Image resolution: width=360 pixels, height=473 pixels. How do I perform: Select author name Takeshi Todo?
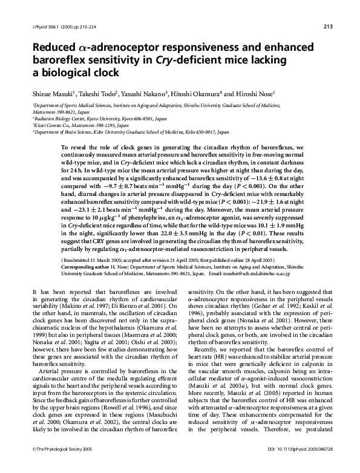[x=83, y=94]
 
